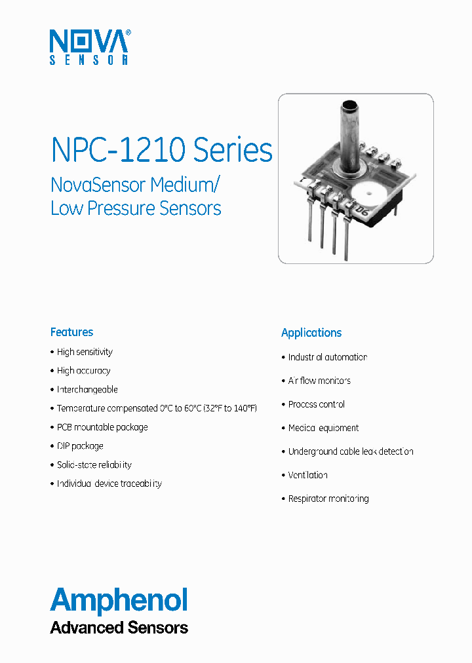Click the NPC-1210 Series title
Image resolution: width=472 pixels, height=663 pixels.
(161, 150)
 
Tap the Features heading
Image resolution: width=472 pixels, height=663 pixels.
(72, 332)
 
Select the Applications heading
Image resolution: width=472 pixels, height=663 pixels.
(311, 333)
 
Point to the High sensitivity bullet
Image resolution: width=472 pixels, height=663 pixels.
(85, 352)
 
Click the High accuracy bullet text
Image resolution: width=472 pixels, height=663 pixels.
(83, 371)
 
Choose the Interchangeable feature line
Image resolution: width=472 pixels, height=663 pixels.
(87, 390)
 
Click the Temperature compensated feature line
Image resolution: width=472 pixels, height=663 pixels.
(157, 408)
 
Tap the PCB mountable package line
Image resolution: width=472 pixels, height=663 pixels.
(102, 427)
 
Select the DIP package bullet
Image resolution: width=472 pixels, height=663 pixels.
(80, 446)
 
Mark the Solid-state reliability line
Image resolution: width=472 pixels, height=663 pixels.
(94, 465)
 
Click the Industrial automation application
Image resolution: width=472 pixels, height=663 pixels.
(328, 357)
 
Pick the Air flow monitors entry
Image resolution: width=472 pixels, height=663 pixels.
(319, 381)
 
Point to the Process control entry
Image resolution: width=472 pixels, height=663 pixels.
(317, 404)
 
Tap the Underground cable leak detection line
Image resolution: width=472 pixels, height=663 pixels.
(351, 451)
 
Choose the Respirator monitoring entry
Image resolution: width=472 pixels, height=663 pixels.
(328, 499)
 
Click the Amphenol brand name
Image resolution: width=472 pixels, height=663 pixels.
(119, 601)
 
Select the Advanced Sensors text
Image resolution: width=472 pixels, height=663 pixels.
(119, 628)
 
